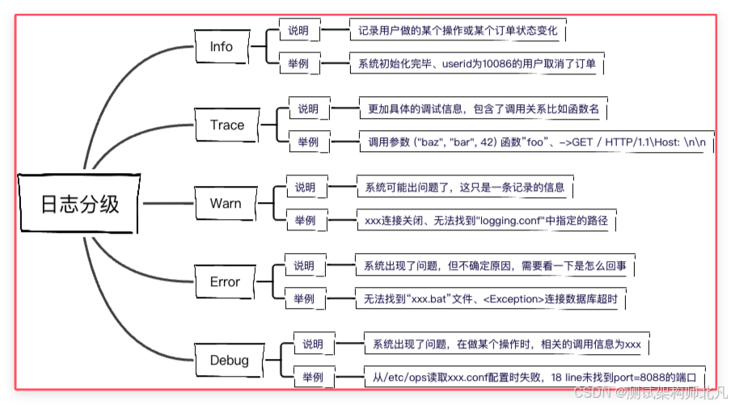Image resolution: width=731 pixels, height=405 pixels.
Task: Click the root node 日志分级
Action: [x=79, y=203]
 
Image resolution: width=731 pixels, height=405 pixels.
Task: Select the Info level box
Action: [x=221, y=47]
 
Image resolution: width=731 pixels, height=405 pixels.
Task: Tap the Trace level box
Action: [x=226, y=124]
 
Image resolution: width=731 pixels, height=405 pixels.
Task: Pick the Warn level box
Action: [x=225, y=203]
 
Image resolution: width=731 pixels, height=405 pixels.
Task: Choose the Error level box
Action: [x=225, y=281]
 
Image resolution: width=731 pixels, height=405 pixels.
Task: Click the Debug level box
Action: [x=228, y=360]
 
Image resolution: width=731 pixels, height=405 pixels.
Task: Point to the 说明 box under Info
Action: [x=298, y=31]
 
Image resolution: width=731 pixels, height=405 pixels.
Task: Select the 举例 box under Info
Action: [x=298, y=62]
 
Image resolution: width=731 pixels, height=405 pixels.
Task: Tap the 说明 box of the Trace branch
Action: [x=307, y=109]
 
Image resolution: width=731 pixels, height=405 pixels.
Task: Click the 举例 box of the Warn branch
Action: [x=304, y=219]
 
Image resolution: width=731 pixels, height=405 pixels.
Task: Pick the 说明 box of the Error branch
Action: [x=303, y=266]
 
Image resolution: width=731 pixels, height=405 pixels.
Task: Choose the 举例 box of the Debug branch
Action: [x=312, y=377]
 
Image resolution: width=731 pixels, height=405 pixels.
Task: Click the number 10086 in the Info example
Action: [x=506, y=63]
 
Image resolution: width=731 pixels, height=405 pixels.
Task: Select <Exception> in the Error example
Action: [x=511, y=299]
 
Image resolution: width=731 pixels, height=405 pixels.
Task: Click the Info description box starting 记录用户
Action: [x=458, y=31]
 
